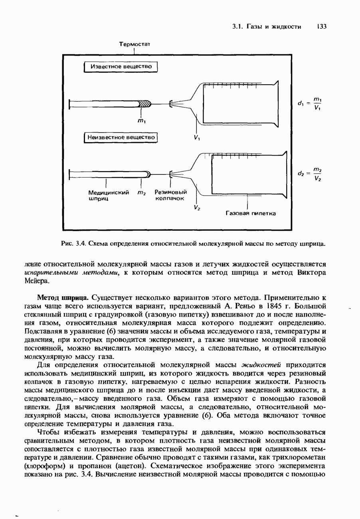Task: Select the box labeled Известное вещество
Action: pos(121,66)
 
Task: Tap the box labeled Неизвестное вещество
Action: pos(121,137)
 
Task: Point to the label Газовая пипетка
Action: pos(251,214)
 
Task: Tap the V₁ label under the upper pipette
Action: pos(196,138)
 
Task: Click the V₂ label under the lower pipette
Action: pos(196,208)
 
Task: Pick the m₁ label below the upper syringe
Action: pos(140,121)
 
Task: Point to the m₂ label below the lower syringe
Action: pos(140,194)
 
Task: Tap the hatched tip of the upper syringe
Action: pos(144,105)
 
